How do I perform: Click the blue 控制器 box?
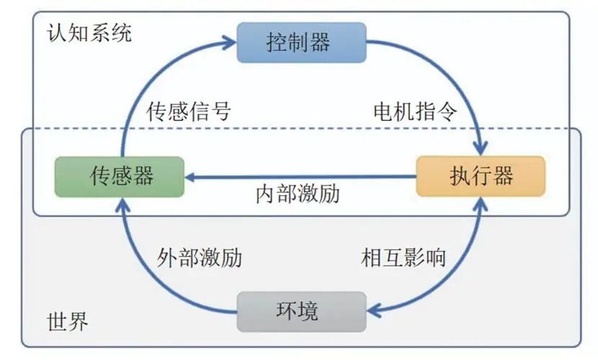pyautogui.click(x=302, y=42)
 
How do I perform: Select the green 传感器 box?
pyautogui.click(x=120, y=176)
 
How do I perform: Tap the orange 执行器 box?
pyautogui.click(x=481, y=176)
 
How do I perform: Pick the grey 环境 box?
pyautogui.click(x=302, y=311)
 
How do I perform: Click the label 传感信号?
pyautogui.click(x=189, y=112)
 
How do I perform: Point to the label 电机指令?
pyautogui.click(x=415, y=112)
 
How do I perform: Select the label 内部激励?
pyautogui.click(x=297, y=194)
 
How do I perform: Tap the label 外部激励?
pyautogui.click(x=199, y=258)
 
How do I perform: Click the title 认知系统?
pyautogui.click(x=89, y=33)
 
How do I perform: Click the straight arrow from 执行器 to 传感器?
pyautogui.click(x=303, y=176)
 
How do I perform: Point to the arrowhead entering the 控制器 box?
pyautogui.click(x=231, y=42)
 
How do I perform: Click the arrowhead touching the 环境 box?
pyautogui.click(x=373, y=311)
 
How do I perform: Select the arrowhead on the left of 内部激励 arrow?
pyautogui.click(x=191, y=176)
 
